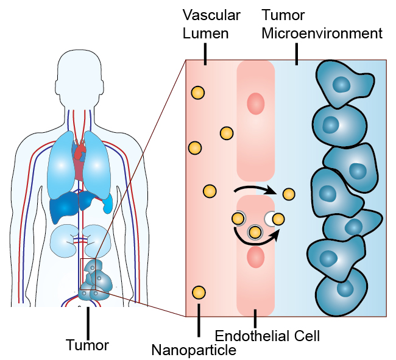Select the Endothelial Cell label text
(x=267, y=335)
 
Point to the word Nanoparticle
(x=194, y=350)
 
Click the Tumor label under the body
(x=87, y=345)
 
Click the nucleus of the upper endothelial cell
(x=255, y=104)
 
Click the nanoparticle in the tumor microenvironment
(x=289, y=194)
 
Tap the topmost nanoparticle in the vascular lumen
(x=198, y=93)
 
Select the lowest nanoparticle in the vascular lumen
(x=197, y=292)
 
